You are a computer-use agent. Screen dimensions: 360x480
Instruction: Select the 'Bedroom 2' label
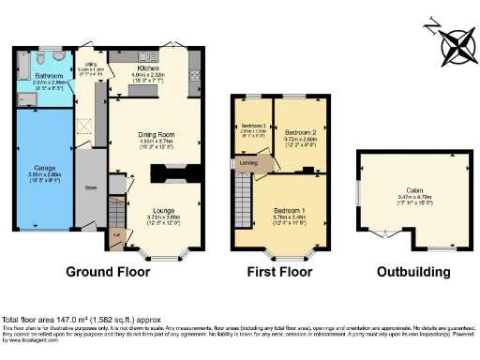click(x=300, y=132)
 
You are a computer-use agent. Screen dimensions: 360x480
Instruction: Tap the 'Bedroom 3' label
click(x=253, y=126)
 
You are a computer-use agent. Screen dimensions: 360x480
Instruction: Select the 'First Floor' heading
click(x=279, y=272)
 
